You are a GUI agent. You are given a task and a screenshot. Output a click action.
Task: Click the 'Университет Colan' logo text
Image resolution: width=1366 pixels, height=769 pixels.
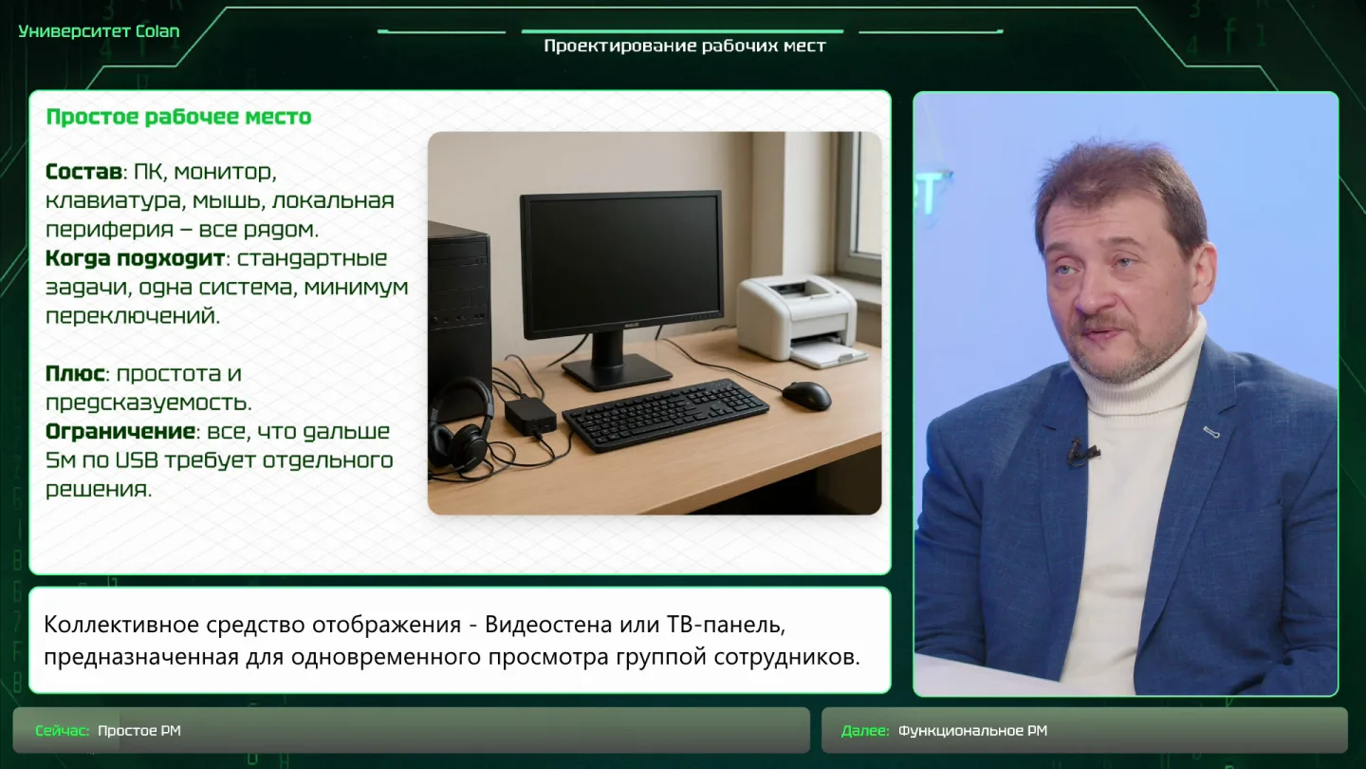pos(99,31)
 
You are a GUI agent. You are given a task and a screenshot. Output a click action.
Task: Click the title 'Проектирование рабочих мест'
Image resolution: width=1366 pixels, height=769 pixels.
pos(685,46)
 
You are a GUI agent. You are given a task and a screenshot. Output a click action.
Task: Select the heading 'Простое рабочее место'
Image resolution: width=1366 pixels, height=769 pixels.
pos(178,117)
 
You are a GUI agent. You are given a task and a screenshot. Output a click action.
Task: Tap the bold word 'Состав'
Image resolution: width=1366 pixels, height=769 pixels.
pos(83,172)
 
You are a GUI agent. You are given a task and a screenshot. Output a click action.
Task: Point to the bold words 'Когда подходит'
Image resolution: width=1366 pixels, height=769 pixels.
pos(135,259)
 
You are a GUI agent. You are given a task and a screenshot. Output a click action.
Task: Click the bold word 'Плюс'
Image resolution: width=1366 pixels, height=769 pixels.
pos(75,373)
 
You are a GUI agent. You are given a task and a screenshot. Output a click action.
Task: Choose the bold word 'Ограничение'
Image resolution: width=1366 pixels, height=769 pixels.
pos(120,431)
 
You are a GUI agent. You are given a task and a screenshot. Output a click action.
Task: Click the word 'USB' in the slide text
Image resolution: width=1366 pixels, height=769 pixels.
pos(138,460)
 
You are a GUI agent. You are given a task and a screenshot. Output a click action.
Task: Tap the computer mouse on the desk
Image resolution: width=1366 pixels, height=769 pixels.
pos(806,395)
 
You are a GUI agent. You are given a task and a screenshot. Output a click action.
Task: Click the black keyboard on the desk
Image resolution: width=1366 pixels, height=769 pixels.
pos(665,414)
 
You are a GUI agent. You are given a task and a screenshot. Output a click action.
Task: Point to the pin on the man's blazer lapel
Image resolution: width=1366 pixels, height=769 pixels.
pos(1211,432)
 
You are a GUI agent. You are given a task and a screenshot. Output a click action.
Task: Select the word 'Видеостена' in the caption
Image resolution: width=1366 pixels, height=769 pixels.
pos(548,625)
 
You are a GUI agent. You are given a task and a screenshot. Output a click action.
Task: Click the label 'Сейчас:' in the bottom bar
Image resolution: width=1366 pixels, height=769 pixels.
pos(63,731)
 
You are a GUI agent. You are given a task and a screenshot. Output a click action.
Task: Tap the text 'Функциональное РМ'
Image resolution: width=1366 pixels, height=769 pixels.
pos(972,731)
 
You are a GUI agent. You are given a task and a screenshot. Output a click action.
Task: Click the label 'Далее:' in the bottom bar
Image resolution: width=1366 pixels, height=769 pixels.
pos(865,731)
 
